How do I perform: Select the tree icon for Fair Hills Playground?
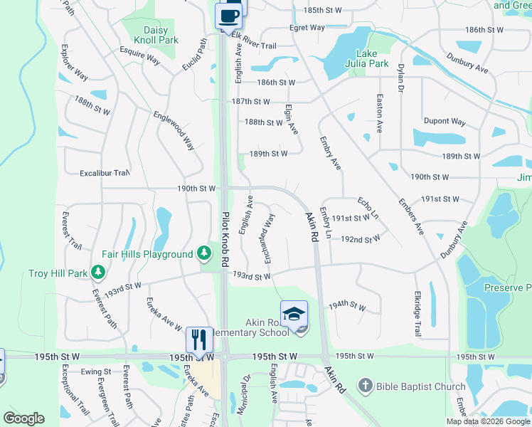tap(204, 253)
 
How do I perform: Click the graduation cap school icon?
tap(294, 313)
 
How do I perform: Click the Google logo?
tap(24, 418)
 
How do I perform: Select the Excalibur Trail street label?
tap(105, 173)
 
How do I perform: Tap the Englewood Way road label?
tap(174, 130)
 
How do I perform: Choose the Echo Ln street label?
tap(368, 207)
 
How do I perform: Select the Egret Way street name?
tap(307, 28)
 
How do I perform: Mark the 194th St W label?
tap(346, 307)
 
